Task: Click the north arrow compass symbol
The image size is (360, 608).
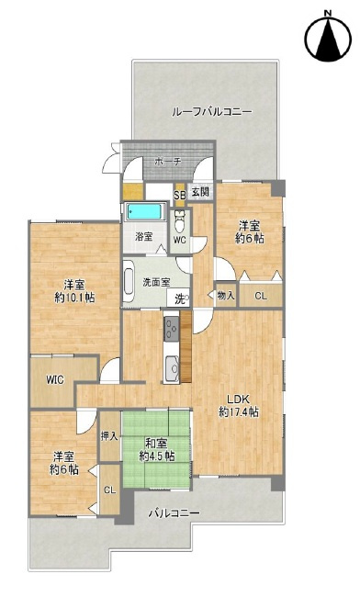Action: tap(328, 38)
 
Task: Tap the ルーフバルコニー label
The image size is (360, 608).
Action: tap(211, 112)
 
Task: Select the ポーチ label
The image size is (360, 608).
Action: tap(167, 162)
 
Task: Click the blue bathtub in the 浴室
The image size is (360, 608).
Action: tap(144, 212)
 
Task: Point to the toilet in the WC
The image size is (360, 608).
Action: tap(179, 221)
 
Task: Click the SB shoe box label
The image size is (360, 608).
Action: tap(179, 195)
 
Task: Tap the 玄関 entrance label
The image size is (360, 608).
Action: tap(200, 191)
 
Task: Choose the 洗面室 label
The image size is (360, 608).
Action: tap(156, 282)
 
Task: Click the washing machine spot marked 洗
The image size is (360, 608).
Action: tap(180, 299)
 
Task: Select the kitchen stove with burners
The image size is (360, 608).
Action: tap(171, 329)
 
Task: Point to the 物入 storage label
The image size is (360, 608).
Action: tap(226, 296)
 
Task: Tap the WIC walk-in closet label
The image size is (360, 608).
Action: tap(55, 379)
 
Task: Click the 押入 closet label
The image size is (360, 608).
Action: tap(109, 436)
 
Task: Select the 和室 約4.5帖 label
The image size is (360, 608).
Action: tap(157, 449)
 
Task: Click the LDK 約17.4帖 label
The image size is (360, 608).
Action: tap(238, 406)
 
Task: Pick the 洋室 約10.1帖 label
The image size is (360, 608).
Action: tap(74, 291)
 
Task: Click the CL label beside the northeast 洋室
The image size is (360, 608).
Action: tap(261, 297)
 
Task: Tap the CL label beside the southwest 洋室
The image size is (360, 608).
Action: tap(110, 490)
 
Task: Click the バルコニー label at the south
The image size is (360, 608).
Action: tap(174, 513)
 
